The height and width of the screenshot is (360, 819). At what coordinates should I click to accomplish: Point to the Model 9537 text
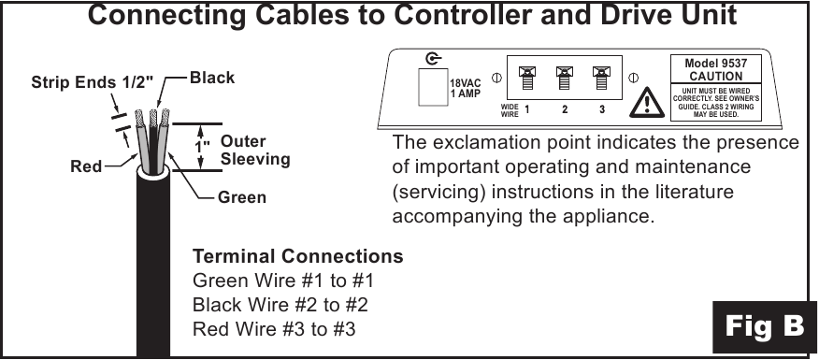716,63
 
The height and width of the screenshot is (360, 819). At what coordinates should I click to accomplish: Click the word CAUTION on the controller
716,76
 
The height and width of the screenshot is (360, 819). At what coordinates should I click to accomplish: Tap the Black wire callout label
212,78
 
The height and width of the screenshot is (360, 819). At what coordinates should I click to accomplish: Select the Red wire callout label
86,167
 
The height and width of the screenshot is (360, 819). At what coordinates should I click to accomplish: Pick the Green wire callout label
242,197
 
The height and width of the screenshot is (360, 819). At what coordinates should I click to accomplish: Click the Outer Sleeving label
254,151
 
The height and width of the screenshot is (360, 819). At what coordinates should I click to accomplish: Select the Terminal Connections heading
297,256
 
